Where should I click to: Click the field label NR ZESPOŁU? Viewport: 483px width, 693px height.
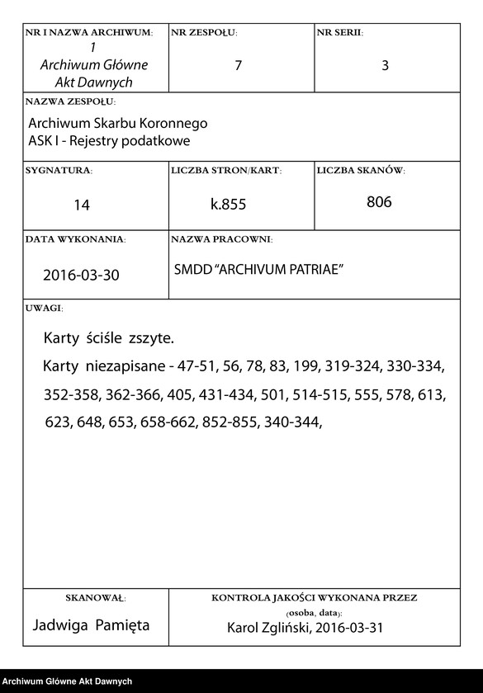click(204, 33)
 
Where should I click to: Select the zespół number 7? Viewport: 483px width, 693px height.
click(238, 66)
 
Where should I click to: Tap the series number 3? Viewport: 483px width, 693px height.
click(385, 66)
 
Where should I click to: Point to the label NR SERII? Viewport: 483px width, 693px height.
click(339, 33)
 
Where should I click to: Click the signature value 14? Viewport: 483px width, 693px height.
click(81, 205)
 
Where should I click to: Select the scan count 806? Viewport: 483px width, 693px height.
click(379, 202)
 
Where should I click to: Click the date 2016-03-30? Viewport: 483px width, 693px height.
click(81, 275)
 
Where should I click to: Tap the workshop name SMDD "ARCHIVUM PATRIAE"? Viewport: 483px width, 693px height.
click(258, 271)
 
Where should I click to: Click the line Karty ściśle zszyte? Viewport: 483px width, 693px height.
click(109, 339)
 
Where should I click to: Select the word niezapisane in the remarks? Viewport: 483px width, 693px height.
click(122, 365)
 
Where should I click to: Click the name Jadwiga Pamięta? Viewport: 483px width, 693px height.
click(91, 625)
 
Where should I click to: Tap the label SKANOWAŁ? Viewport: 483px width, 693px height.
click(94, 597)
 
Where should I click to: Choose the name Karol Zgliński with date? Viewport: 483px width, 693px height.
click(305, 629)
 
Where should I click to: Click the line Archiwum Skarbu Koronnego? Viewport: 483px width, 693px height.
click(117, 123)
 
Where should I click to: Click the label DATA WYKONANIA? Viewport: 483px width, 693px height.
click(76, 239)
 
